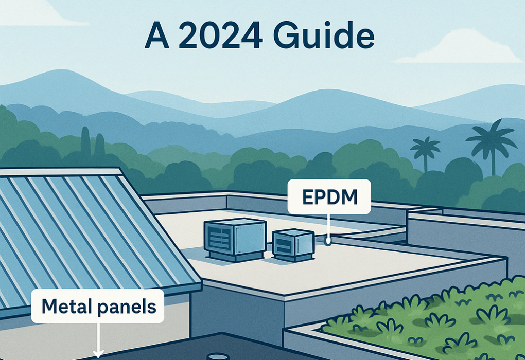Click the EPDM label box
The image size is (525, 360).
coord(329,197)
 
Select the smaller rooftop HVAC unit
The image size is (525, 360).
coord(293,245)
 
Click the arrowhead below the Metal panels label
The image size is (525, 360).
coord(98,353)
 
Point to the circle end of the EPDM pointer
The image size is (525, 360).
coord(328,241)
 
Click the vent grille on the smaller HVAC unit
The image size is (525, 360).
coord(283,245)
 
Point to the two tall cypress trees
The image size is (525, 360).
coord(93,142)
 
